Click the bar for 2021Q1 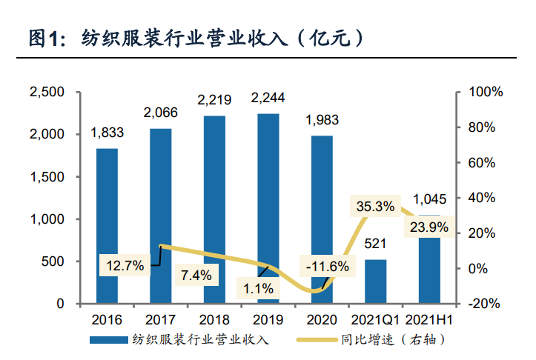point(376,281)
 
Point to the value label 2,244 point(268,98)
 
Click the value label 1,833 point(107,133)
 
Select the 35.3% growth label point(374,207)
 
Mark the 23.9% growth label point(428,228)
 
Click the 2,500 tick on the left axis point(47,93)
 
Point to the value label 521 point(376,244)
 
